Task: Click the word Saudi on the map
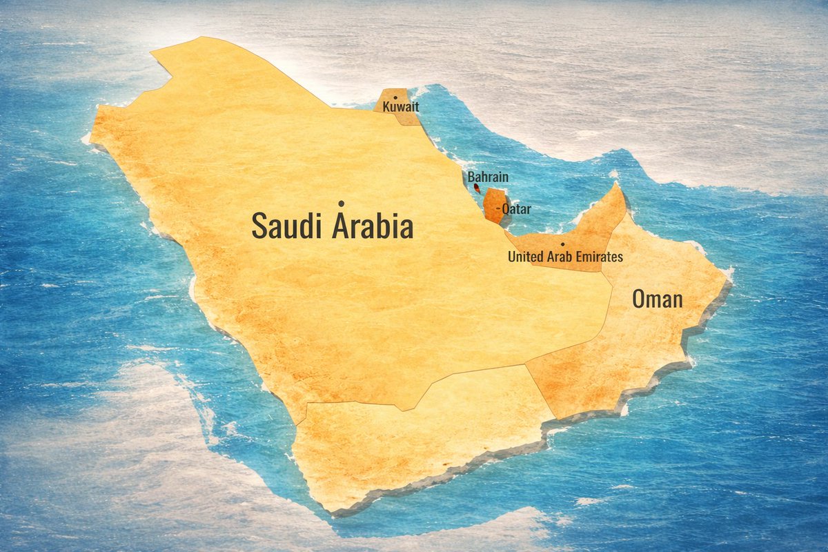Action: pyautogui.click(x=287, y=226)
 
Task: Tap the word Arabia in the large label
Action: pyautogui.click(x=373, y=226)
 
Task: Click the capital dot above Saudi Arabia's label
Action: pyautogui.click(x=341, y=204)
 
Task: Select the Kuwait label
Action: pyautogui.click(x=401, y=108)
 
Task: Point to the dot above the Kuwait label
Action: pyautogui.click(x=395, y=98)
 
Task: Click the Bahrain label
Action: pyautogui.click(x=488, y=177)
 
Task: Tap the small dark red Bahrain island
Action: pyautogui.click(x=475, y=187)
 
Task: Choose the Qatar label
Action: pyautogui.click(x=517, y=208)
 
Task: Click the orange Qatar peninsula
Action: pyautogui.click(x=493, y=205)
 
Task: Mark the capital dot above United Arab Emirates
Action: pyautogui.click(x=564, y=245)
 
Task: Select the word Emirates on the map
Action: pyautogui.click(x=598, y=257)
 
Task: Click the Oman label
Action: pyautogui.click(x=658, y=299)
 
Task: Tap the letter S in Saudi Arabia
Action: pyautogui.click(x=259, y=226)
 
